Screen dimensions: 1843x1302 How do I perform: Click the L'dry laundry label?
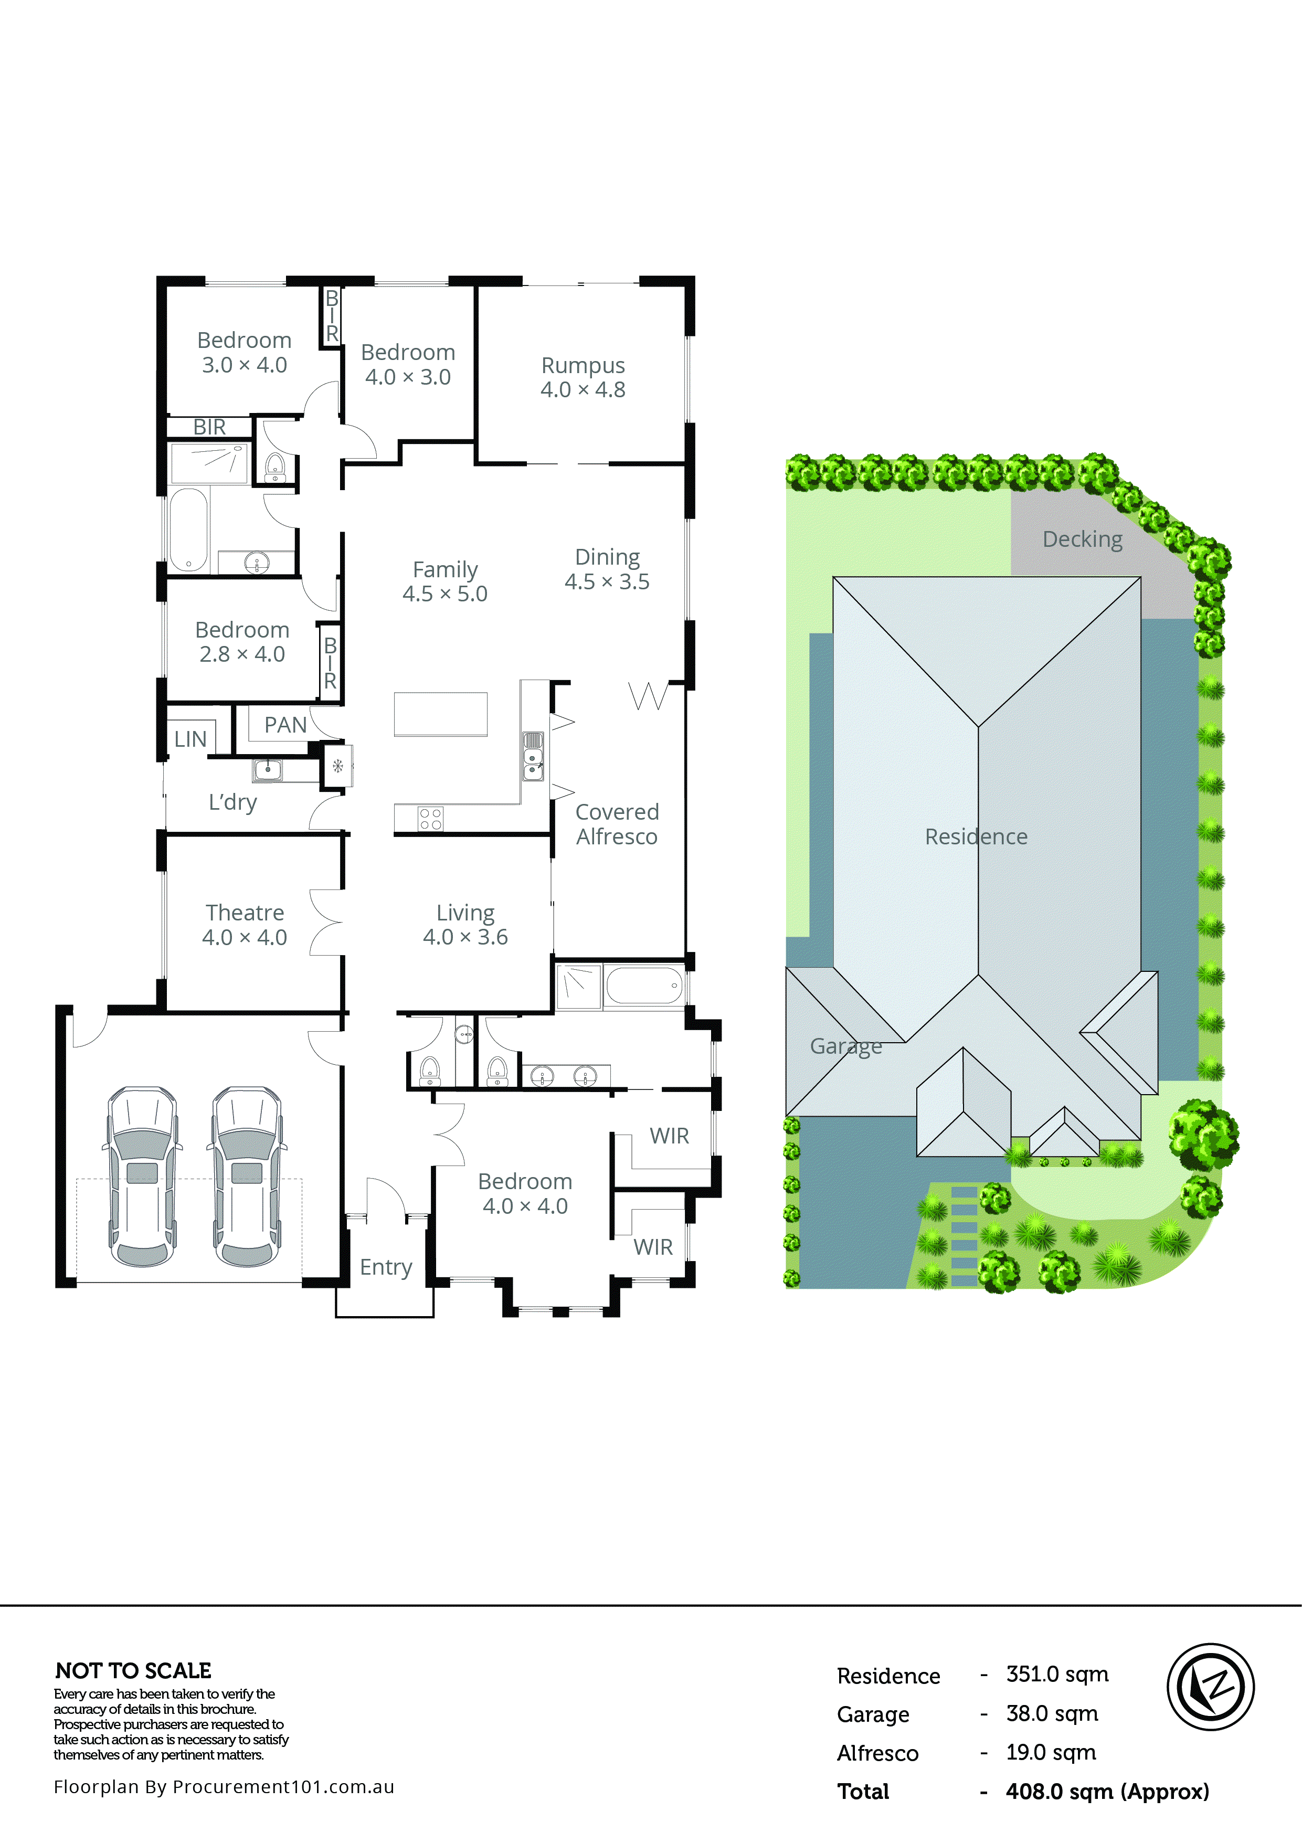233,802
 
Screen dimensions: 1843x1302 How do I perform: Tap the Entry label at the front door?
385,1267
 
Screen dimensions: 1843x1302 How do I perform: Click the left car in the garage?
143,1176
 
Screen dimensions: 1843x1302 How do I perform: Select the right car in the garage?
247,1176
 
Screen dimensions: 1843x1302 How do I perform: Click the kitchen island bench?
440,714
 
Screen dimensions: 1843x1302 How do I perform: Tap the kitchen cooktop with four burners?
430,819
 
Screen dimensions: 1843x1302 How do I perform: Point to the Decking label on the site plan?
1082,539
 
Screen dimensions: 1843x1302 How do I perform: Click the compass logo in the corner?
1210,1687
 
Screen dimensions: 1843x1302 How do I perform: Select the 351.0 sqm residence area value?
1056,1675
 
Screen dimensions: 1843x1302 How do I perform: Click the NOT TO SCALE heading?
133,1671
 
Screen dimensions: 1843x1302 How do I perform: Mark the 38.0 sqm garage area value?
1052,1714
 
